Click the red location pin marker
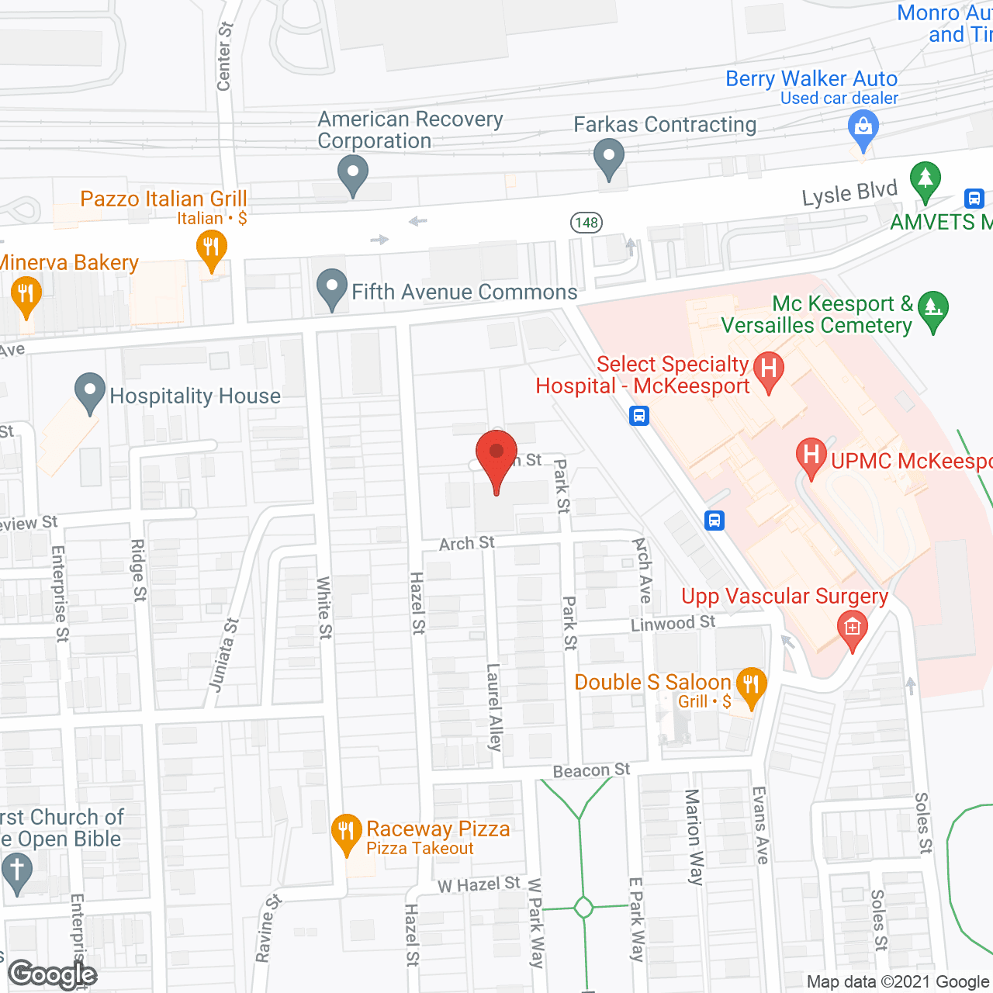tap(496, 454)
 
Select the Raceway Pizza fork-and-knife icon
tap(346, 831)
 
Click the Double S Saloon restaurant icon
tap(750, 685)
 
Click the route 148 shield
tap(586, 223)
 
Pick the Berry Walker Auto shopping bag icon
tap(863, 126)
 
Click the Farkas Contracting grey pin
tap(609, 156)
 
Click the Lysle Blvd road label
tap(849, 193)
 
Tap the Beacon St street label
tap(591, 770)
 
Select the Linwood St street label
tap(673, 623)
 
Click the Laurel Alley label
tap(494, 707)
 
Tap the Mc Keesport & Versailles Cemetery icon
tap(932, 309)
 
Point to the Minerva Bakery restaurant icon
tap(26, 294)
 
